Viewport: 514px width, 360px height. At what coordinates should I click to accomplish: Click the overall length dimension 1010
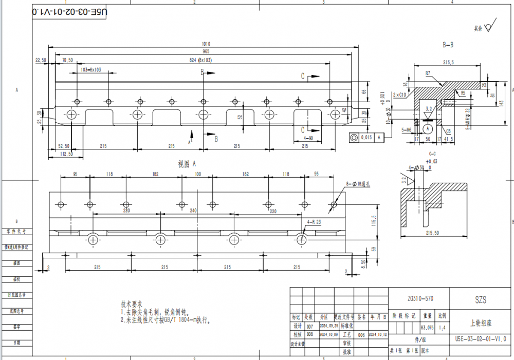206,44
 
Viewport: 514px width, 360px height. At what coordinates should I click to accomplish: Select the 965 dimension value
206,52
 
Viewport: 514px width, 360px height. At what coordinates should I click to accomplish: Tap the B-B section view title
448,45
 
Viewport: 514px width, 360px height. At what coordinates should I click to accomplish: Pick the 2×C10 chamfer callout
399,95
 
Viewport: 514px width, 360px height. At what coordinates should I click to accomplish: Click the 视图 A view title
188,164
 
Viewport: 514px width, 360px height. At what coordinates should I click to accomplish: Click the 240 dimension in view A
193,211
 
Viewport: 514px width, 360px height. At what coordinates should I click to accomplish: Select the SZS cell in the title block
481,299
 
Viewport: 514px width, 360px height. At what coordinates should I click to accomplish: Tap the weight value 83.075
427,327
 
